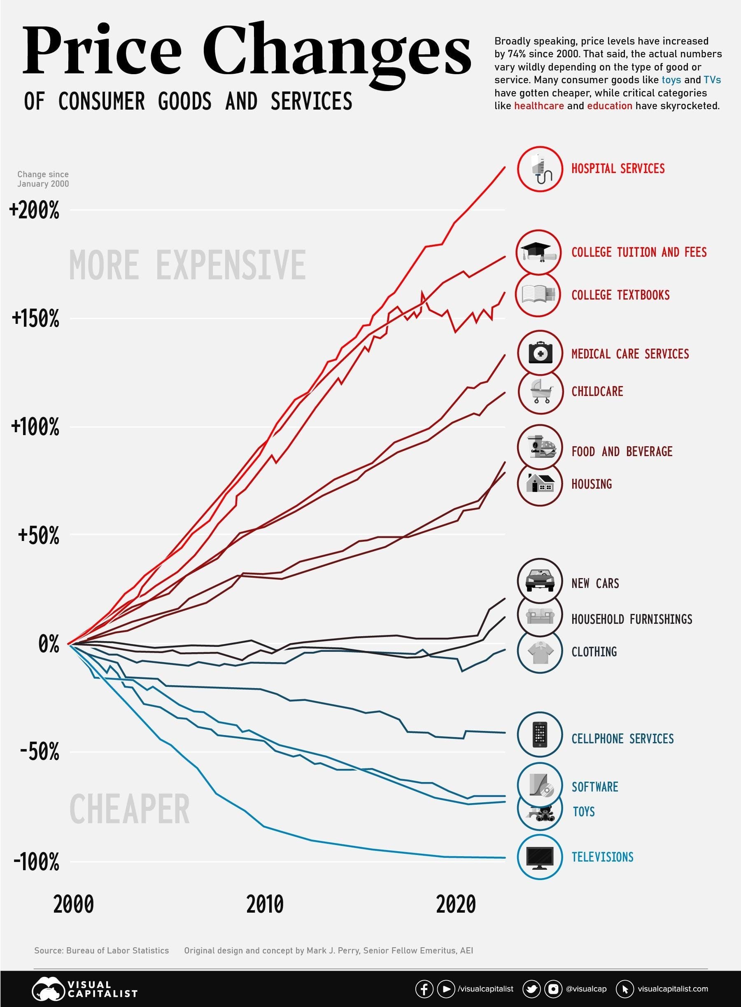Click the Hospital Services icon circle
[540, 169]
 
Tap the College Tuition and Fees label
[639, 252]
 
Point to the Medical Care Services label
[630, 354]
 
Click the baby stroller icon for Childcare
[541, 391]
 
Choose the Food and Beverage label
[622, 451]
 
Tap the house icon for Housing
[540, 484]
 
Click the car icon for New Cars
[540, 581]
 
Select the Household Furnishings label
[631, 619]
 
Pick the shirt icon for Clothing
[540, 651]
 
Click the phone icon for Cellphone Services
[540, 735]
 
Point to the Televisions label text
[602, 857]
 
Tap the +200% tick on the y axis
[34, 210]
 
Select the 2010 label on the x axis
[265, 904]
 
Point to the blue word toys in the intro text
[671, 80]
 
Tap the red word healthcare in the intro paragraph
[539, 106]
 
